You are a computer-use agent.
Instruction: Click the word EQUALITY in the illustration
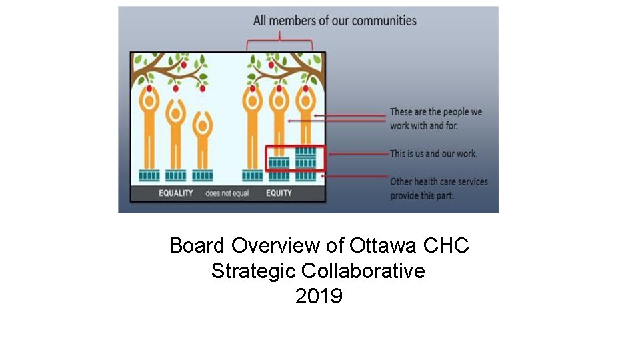[x=176, y=193]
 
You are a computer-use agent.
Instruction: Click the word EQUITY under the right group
[x=279, y=193]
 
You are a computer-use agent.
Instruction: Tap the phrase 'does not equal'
[x=227, y=193]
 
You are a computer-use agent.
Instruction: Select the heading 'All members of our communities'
[x=335, y=21]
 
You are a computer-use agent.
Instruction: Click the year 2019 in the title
[x=319, y=295]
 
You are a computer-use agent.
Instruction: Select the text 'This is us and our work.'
[x=433, y=153]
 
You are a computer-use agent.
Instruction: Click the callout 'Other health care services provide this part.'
[x=439, y=189]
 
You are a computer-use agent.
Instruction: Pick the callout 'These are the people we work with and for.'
[x=435, y=119]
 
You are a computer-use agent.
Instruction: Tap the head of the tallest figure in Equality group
[x=149, y=99]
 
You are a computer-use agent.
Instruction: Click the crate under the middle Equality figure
[x=176, y=175]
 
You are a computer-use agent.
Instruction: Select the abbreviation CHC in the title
[x=446, y=245]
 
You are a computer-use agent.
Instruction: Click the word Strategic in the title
[x=253, y=271]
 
